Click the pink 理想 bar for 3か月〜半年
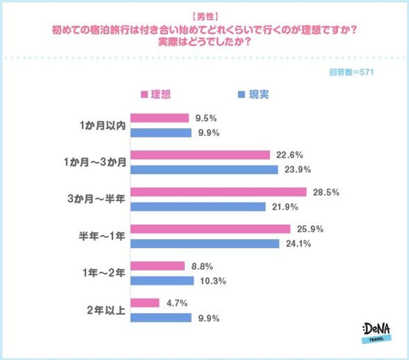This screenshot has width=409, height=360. (219, 192)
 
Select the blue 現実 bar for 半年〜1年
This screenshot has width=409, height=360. (205, 243)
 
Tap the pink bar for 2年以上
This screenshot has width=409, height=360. (145, 303)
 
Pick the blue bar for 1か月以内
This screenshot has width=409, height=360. (161, 133)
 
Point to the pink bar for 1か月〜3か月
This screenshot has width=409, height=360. (200, 155)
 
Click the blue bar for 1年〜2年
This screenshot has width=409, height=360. (162, 281)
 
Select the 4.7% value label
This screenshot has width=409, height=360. (177, 303)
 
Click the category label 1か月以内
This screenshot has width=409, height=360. (103, 126)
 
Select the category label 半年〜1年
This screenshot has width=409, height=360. (101, 236)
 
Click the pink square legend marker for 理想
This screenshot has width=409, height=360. (144, 95)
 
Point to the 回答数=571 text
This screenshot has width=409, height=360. (351, 72)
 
